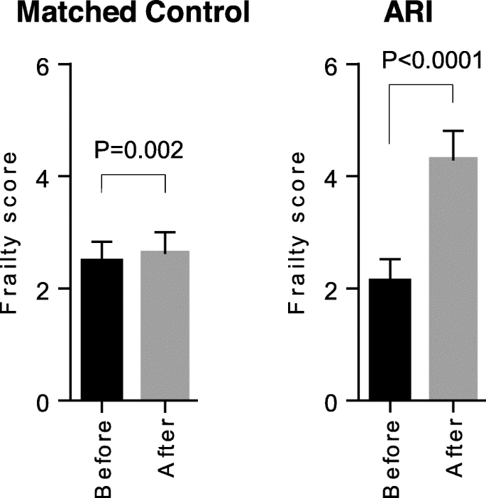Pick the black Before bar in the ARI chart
390,340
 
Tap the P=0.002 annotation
139,150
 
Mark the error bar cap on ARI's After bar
452,131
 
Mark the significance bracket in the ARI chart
421,85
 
